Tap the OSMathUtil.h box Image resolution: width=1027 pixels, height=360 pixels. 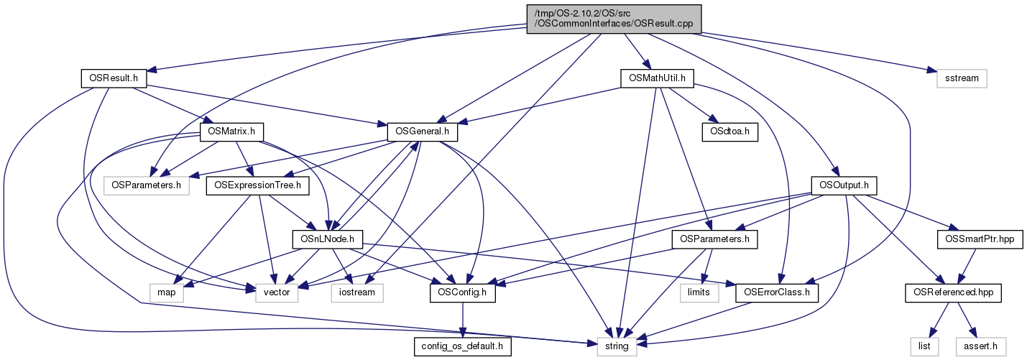pyautogui.click(x=656, y=78)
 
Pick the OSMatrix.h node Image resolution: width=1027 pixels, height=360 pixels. pyautogui.click(x=232, y=132)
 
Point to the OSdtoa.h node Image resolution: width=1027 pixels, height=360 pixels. pyautogui.click(x=729, y=132)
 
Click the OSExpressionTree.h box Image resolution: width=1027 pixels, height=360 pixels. pyautogui.click(x=257, y=186)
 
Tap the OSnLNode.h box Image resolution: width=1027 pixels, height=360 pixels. pyautogui.click(x=327, y=239)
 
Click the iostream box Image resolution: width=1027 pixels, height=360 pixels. pyautogui.click(x=357, y=293)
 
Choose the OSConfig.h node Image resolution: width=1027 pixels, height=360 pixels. pyautogui.click(x=462, y=293)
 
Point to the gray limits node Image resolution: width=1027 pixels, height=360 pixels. pyautogui.click(x=698, y=293)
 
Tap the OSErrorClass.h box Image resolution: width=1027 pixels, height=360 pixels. pyautogui.click(x=778, y=293)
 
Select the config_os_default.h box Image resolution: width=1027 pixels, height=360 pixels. pyautogui.click(x=463, y=347)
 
